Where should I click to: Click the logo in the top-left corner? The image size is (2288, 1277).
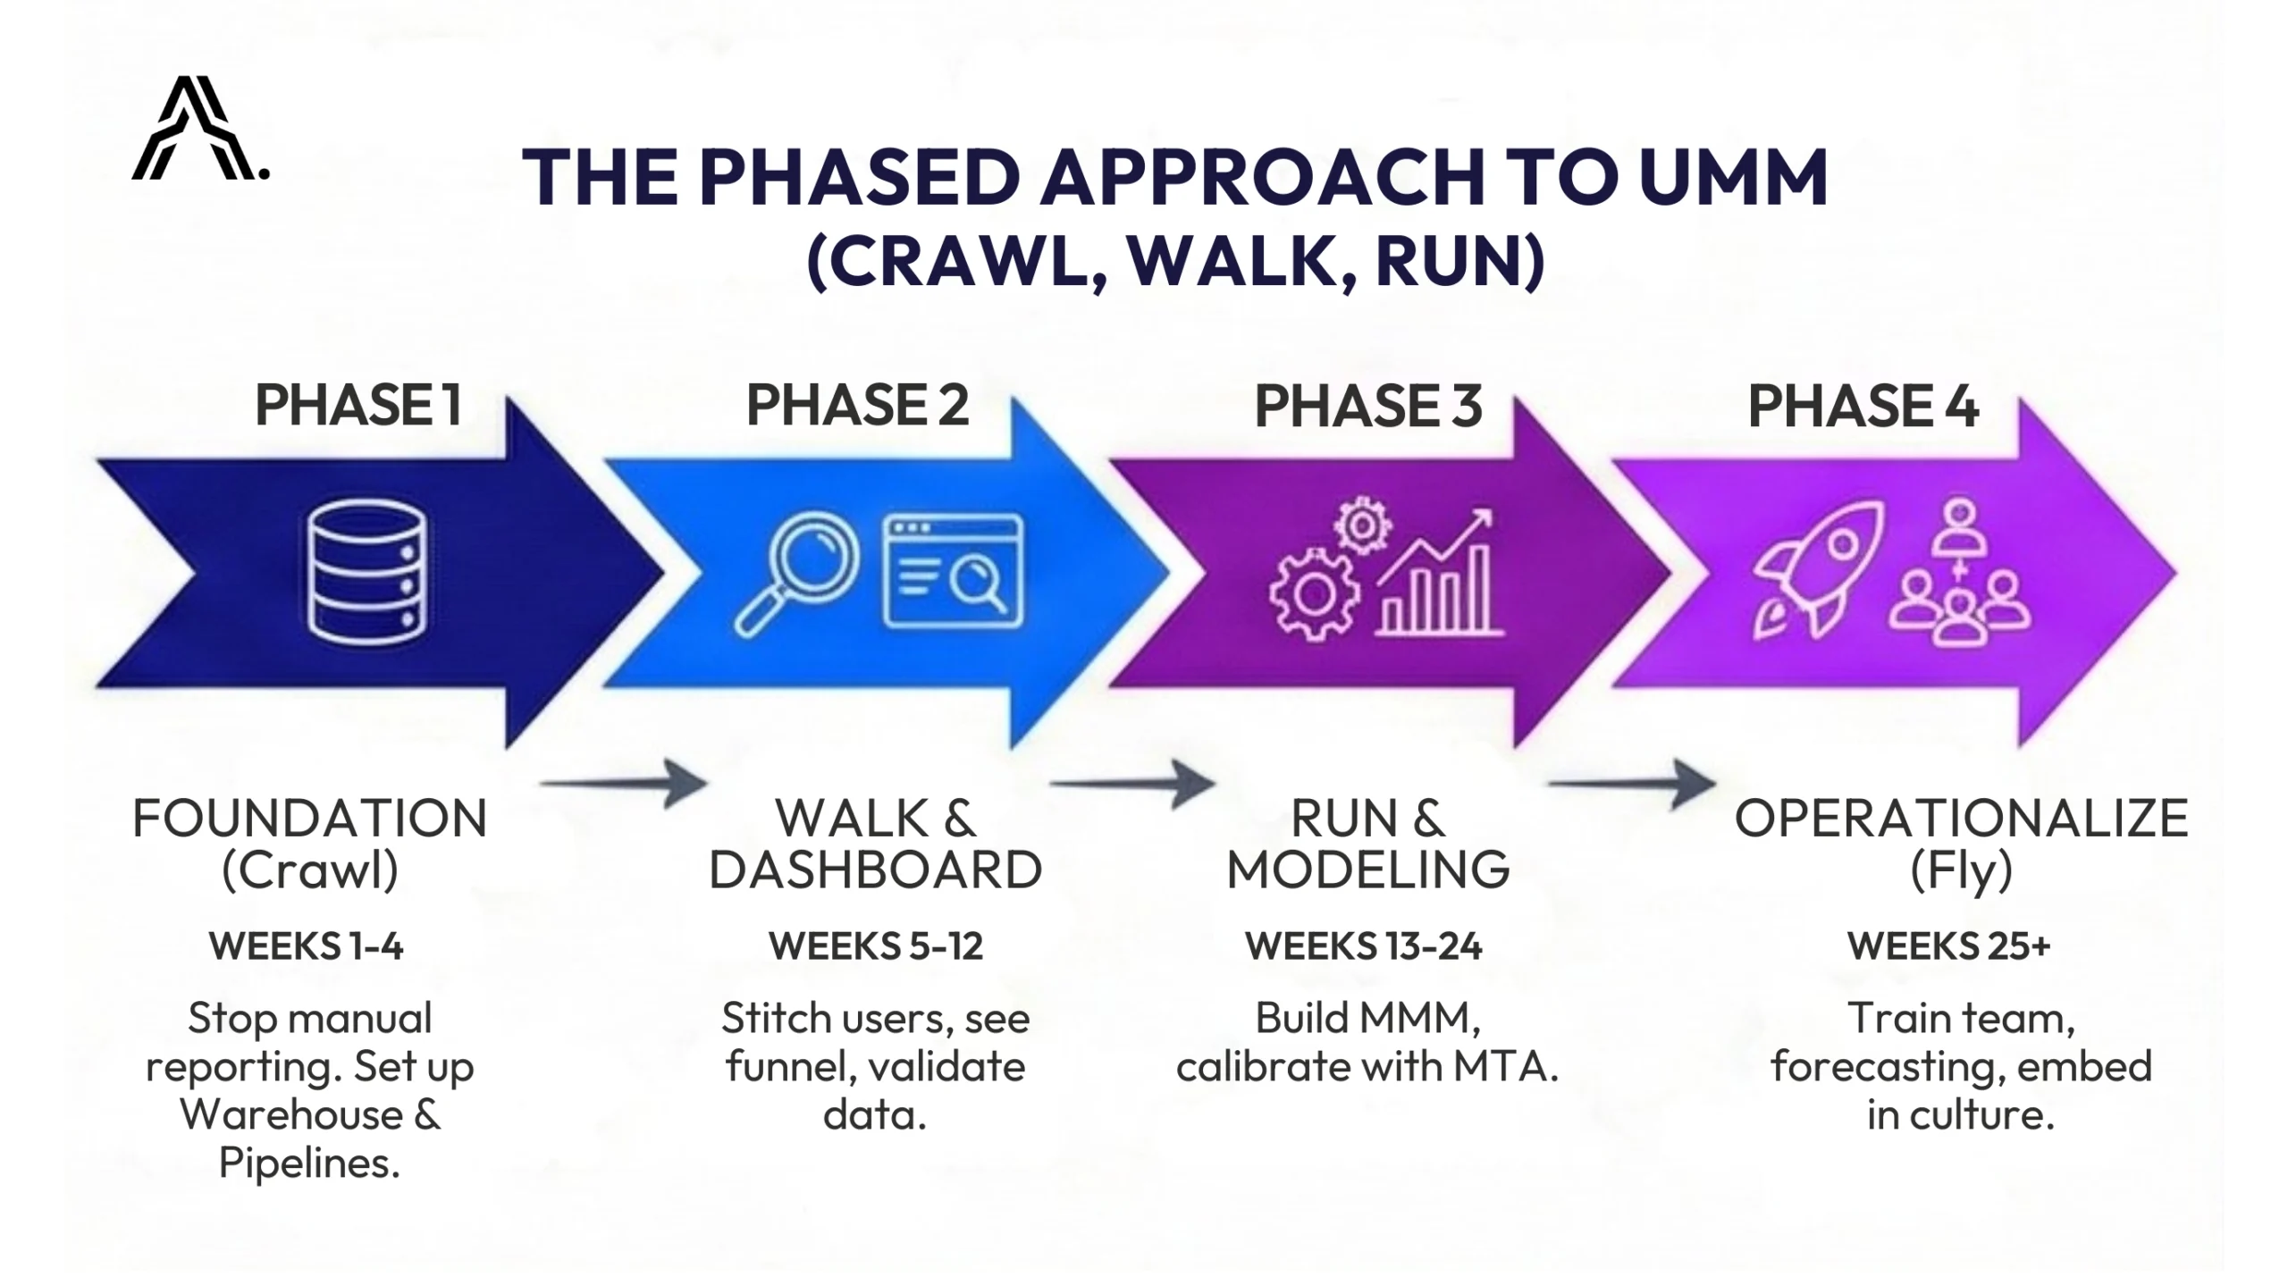198,130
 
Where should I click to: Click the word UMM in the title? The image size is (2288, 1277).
1733,178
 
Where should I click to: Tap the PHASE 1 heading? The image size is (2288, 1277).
357,405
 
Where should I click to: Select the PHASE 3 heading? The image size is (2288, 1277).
1367,406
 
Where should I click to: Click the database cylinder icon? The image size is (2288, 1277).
366,573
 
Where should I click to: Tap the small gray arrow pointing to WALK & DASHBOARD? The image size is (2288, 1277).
624,784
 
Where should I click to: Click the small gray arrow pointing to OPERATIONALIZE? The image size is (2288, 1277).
1632,784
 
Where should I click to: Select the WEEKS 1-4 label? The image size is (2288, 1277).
307,945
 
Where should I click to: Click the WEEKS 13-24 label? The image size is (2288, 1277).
1364,945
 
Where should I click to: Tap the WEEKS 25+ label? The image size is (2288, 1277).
1948,945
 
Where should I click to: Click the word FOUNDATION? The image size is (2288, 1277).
309,819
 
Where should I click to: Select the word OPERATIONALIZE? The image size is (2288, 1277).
1961,819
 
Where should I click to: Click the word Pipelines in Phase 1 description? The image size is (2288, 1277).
309,1163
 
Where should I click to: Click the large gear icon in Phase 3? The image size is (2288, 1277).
1314,595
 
